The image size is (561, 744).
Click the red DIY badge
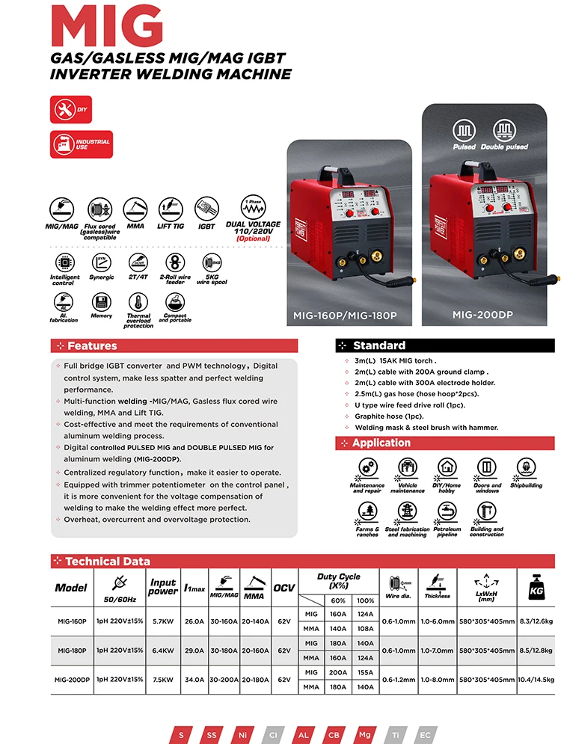[x=71, y=109]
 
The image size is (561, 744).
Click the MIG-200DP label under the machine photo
[x=477, y=315]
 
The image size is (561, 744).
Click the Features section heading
[x=92, y=346]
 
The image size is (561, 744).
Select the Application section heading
[x=381, y=443]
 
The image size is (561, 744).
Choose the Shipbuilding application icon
[x=526, y=469]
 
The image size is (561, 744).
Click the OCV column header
[x=283, y=588]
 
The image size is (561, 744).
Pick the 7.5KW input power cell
[x=162, y=680]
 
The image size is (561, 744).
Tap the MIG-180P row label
[x=72, y=651]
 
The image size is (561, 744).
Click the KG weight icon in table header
[x=536, y=585]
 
